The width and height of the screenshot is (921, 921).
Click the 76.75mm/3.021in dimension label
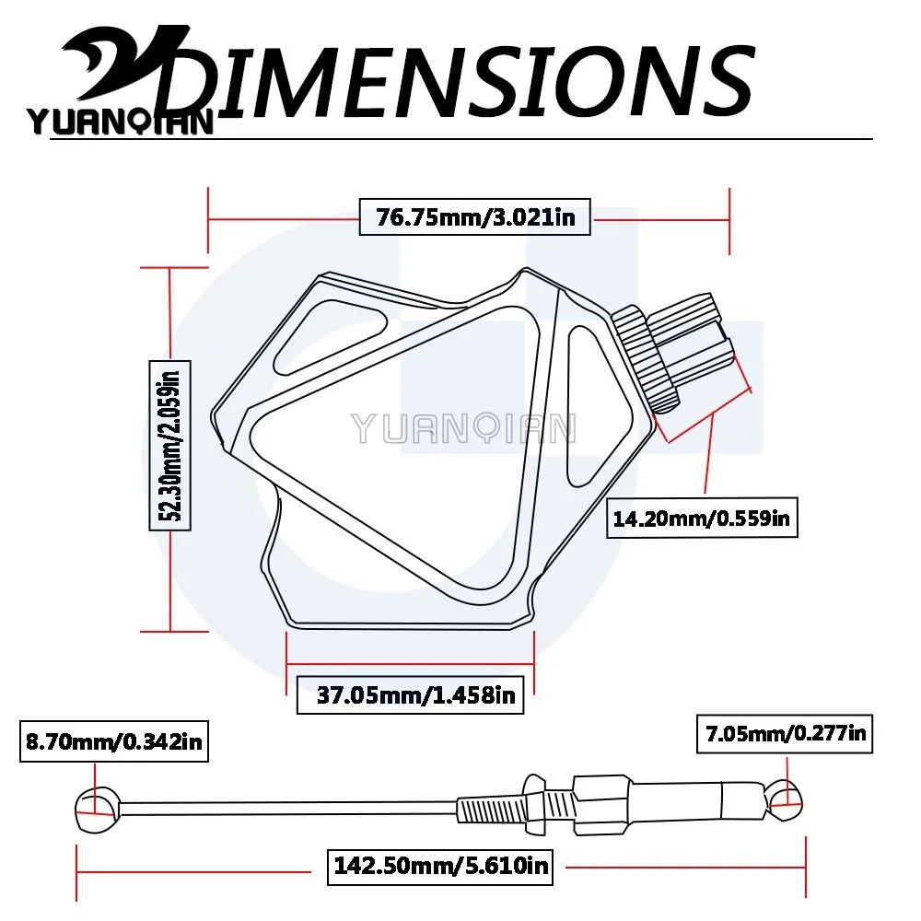click(x=474, y=217)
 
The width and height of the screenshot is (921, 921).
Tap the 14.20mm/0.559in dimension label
click(x=701, y=518)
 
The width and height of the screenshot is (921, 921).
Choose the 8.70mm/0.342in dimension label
click(x=114, y=741)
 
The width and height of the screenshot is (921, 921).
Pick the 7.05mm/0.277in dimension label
click(x=785, y=734)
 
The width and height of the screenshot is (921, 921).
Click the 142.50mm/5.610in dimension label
click(x=440, y=866)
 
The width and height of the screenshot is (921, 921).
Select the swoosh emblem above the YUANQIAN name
click(x=126, y=64)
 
